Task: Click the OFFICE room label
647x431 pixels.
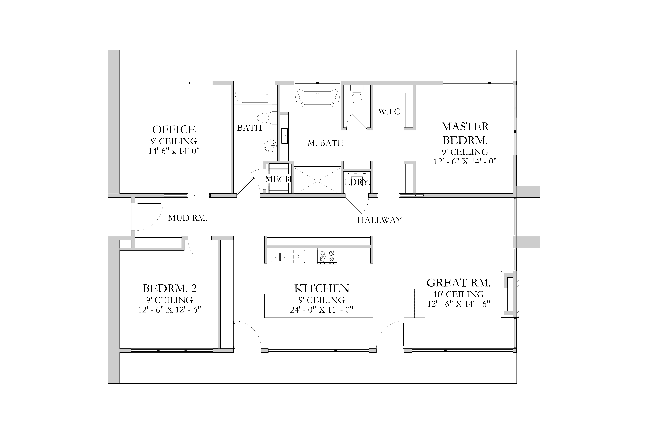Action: click(x=174, y=129)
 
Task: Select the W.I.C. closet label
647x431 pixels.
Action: click(x=390, y=112)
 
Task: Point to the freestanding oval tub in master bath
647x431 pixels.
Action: click(x=317, y=97)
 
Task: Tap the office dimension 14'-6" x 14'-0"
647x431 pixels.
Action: click(x=174, y=151)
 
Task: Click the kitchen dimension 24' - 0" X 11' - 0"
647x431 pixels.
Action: click(x=322, y=310)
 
